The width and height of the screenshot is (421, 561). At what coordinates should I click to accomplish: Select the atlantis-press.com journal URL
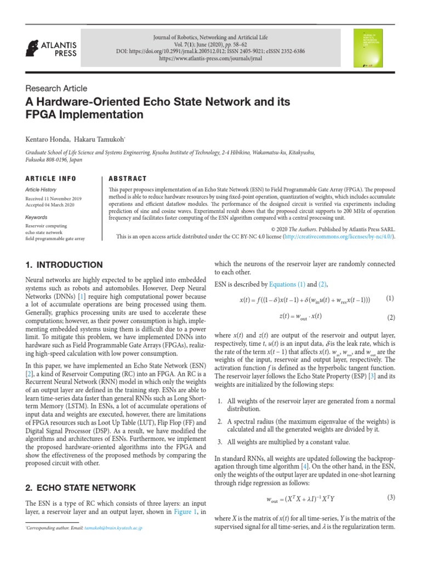pyautogui.click(x=230, y=59)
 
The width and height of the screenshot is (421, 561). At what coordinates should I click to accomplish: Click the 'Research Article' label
pyautogui.click(x=56, y=88)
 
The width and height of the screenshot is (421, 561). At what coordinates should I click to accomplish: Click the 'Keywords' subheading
pyautogui.click(x=37, y=217)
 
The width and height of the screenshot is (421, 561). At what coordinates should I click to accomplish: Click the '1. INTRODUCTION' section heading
pyautogui.click(x=64, y=265)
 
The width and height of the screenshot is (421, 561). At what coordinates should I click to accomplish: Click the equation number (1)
pyautogui.click(x=389, y=299)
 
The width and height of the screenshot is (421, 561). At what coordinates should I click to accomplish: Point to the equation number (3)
pyautogui.click(x=391, y=497)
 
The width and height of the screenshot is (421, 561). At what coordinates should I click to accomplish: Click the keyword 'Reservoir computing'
pyautogui.click(x=47, y=226)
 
